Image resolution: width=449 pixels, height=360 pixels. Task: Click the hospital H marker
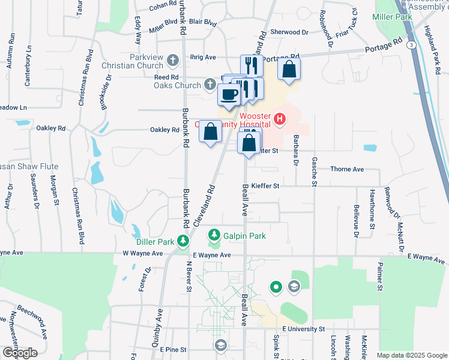point(279,120)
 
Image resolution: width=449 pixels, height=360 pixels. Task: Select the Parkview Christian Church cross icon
point(173,59)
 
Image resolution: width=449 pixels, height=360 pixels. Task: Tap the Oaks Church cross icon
point(209,83)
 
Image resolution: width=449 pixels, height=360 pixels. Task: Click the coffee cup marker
point(229,94)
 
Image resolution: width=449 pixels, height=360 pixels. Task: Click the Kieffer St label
point(265,186)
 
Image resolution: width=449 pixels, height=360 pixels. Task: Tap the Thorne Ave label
point(347,169)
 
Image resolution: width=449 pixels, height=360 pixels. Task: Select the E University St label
point(303,329)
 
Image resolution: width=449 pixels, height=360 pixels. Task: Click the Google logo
point(19,352)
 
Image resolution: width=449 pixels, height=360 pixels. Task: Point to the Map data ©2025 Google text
point(411,355)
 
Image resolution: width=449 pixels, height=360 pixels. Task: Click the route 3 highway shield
point(411,45)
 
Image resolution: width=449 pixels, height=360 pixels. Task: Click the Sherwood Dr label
point(289,32)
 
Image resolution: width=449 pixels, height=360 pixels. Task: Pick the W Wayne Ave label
point(143,254)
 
